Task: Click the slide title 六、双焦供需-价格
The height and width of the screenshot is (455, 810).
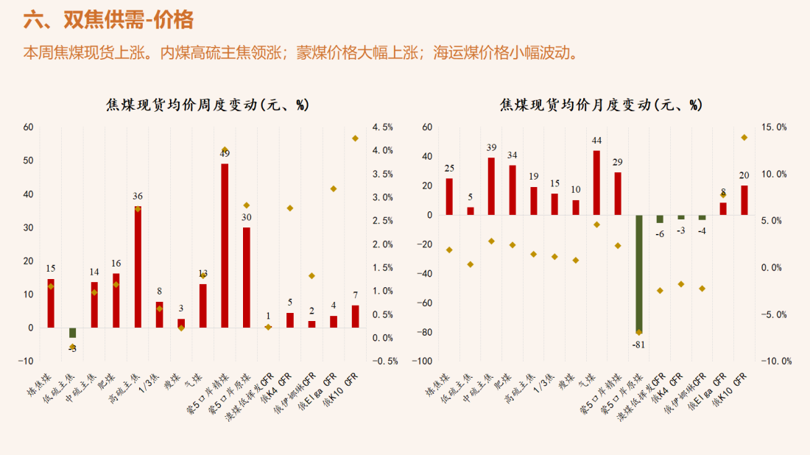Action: (x=108, y=20)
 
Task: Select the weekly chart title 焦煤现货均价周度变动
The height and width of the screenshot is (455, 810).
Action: (x=208, y=105)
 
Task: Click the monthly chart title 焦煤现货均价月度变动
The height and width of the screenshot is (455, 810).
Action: (x=602, y=105)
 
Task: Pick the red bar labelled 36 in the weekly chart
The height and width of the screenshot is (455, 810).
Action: (x=138, y=267)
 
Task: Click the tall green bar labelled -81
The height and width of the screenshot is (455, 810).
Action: (x=638, y=273)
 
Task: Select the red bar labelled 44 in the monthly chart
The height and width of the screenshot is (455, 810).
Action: (x=596, y=183)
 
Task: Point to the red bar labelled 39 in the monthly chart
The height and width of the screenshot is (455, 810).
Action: (x=491, y=186)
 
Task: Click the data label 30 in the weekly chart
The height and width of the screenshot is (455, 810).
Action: (x=247, y=217)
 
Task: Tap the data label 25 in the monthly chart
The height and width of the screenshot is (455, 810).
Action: (x=449, y=169)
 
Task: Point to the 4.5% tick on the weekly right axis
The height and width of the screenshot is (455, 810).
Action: (x=382, y=127)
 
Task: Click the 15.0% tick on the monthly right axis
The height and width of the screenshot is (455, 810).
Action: (x=774, y=127)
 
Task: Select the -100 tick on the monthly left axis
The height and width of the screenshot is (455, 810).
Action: (x=423, y=361)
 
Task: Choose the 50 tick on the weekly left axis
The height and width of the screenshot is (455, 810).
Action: (x=28, y=161)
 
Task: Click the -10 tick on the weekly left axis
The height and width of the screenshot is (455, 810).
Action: (x=27, y=361)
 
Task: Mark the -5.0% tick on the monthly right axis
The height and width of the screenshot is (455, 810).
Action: (x=774, y=314)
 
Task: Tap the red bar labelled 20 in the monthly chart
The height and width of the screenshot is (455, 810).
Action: (x=744, y=200)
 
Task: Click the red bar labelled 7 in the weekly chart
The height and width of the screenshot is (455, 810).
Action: (x=355, y=316)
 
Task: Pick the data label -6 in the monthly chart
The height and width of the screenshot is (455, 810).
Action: (x=660, y=233)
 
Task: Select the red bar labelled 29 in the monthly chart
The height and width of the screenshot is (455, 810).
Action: (x=618, y=194)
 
